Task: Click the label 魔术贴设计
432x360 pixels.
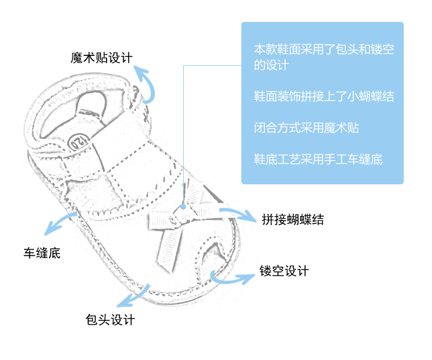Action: click(102, 58)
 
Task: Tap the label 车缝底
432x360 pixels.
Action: click(41, 252)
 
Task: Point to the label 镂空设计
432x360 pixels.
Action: click(284, 271)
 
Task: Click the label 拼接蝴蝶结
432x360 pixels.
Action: click(293, 219)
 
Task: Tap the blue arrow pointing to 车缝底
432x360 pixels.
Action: click(60, 223)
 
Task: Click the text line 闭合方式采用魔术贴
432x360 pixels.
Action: click(306, 127)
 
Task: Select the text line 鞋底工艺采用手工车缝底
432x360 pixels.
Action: click(318, 158)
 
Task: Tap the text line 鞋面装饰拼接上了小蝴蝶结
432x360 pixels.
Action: click(324, 96)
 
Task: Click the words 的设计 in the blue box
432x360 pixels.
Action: click(271, 65)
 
